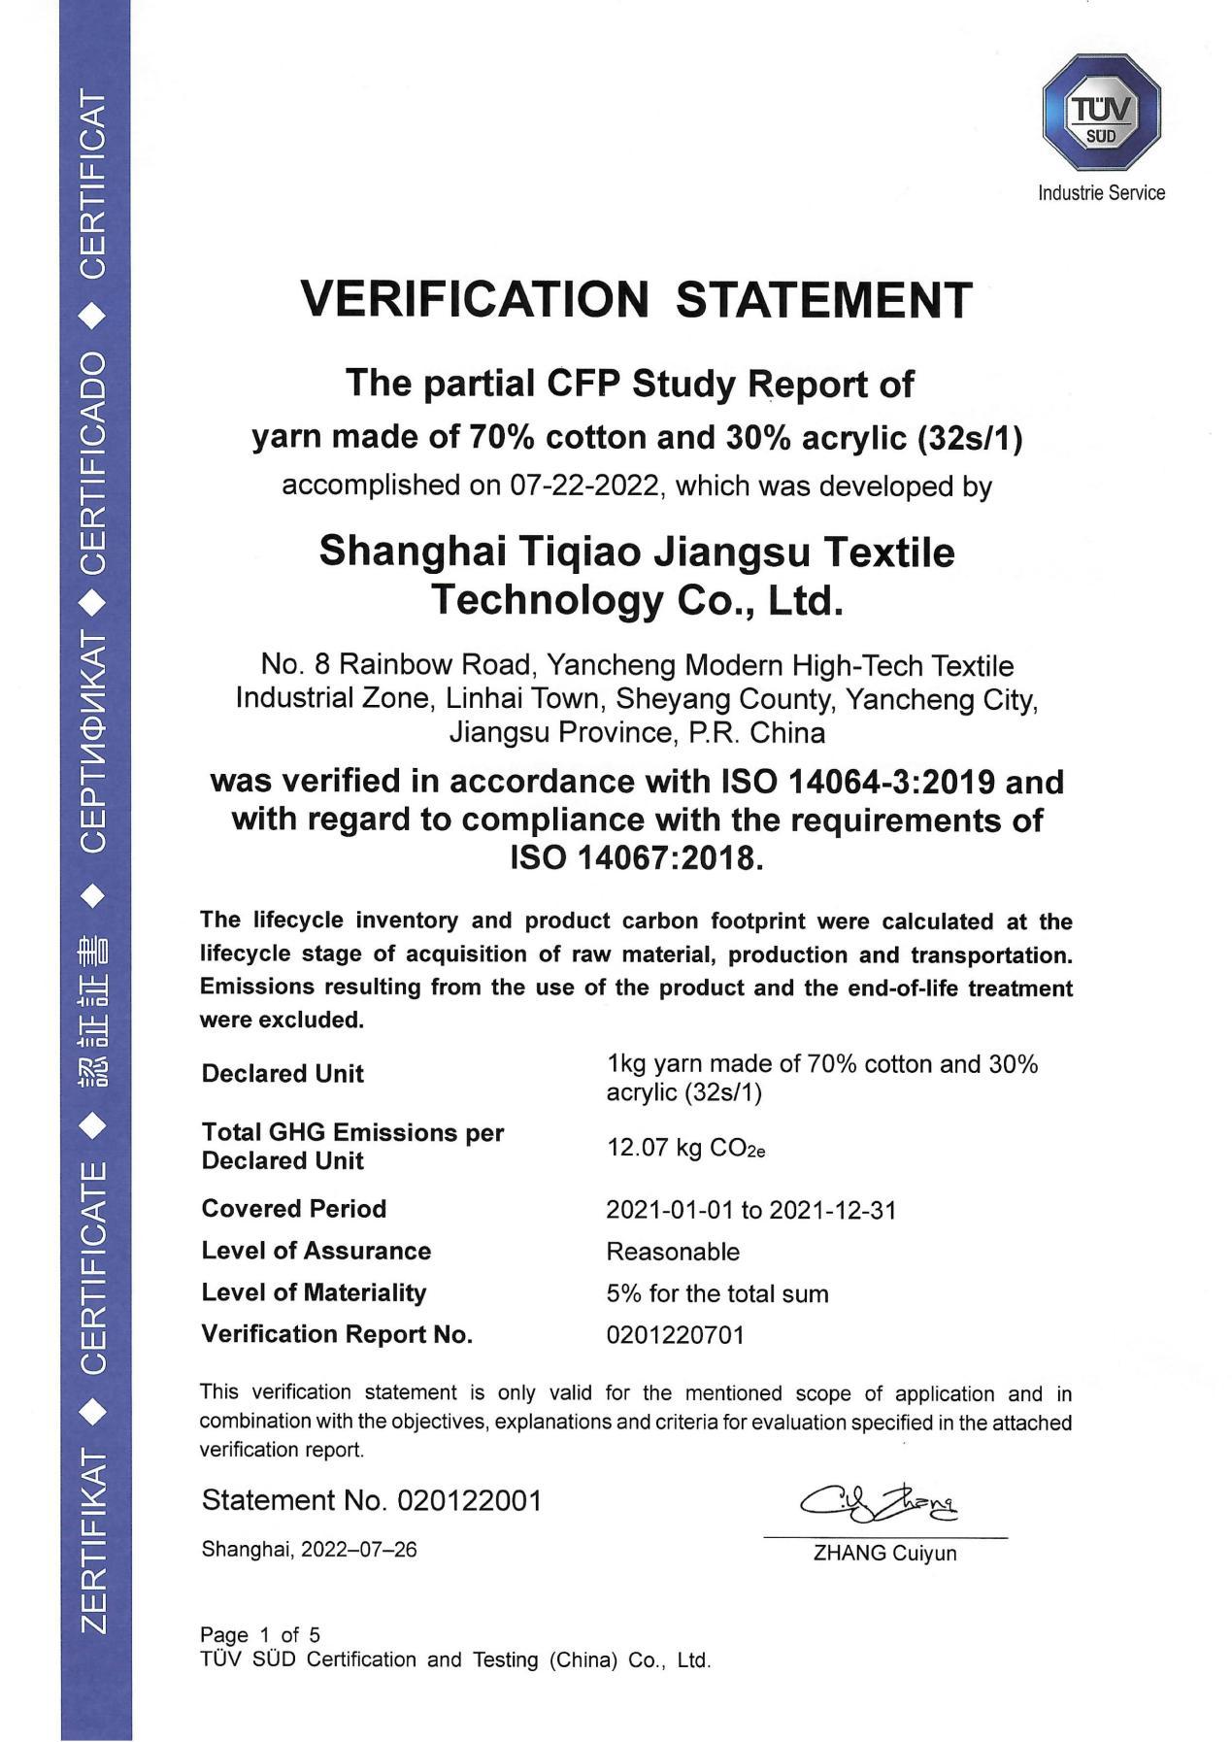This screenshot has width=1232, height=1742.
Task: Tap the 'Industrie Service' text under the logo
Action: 1101,192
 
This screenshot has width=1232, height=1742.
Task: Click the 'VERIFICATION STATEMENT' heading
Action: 636,299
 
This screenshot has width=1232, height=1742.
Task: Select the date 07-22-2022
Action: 583,485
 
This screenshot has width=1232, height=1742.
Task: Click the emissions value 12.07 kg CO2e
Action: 685,1148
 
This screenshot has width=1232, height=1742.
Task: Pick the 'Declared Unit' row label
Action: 283,1074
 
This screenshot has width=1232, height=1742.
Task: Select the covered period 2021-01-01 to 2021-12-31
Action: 750,1210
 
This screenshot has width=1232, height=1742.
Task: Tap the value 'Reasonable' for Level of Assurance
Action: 673,1252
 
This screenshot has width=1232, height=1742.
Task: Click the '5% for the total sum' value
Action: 717,1293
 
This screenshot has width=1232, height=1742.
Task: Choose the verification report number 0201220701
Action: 675,1335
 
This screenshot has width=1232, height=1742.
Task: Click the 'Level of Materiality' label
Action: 314,1292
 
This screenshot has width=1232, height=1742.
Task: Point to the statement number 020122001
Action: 469,1500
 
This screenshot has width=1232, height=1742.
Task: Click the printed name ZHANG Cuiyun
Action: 884,1553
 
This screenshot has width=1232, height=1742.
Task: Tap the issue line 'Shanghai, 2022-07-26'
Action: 309,1549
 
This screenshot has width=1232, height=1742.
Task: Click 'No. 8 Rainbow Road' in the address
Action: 397,665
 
